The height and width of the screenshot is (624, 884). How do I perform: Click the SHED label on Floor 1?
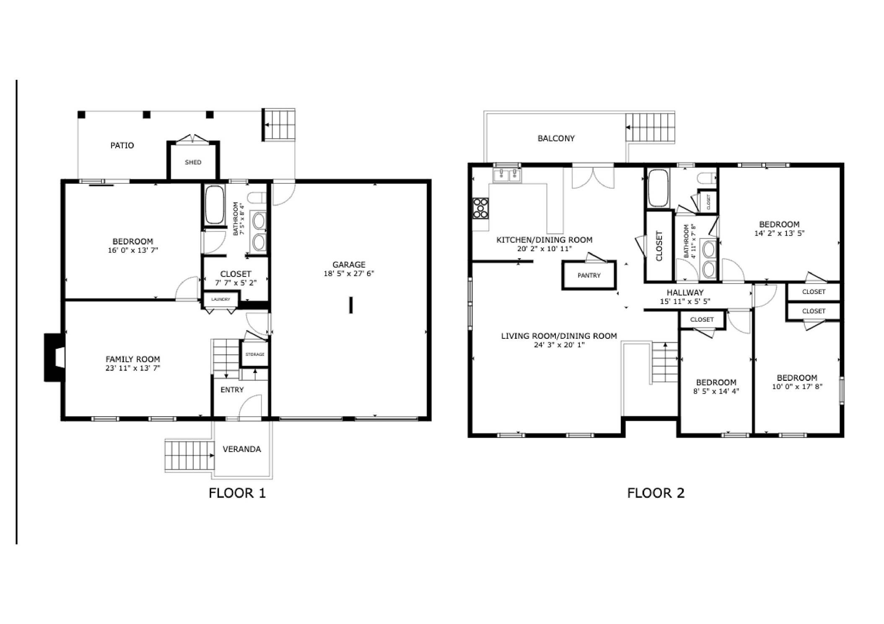193,162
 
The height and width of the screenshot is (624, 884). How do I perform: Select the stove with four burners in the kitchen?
480,208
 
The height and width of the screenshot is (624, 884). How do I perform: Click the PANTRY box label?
589,275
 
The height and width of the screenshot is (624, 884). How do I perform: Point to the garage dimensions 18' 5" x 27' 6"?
348,273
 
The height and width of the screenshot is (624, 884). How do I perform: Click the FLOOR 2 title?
656,493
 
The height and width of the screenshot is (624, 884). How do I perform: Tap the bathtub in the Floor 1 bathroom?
214,205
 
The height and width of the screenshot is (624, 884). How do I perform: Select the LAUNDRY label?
220,299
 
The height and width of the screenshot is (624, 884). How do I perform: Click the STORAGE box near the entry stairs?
254,354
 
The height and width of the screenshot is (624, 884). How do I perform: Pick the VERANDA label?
241,449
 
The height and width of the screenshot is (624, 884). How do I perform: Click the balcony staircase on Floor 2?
650,127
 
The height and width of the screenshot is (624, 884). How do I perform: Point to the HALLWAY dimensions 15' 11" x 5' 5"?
685,301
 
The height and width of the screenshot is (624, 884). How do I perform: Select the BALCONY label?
556,138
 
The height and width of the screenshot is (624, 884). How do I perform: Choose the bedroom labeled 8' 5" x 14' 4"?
716,387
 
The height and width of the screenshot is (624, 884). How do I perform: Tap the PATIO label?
122,145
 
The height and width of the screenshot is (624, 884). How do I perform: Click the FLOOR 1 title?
237,493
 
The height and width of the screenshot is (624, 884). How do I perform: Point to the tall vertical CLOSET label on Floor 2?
658,246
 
